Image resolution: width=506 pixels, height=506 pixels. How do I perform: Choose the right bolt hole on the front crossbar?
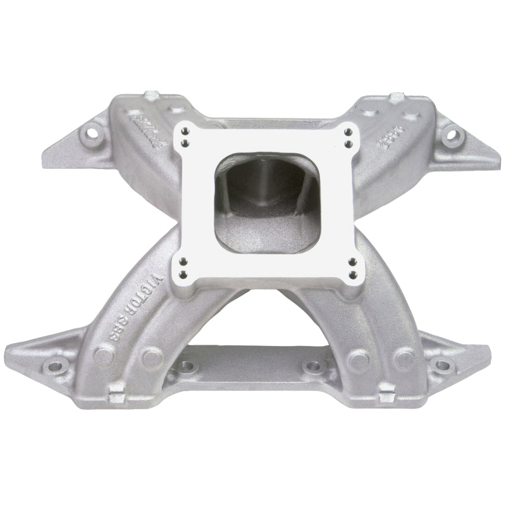click(x=310, y=366)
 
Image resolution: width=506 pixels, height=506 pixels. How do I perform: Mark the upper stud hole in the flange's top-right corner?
click(x=347, y=132)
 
